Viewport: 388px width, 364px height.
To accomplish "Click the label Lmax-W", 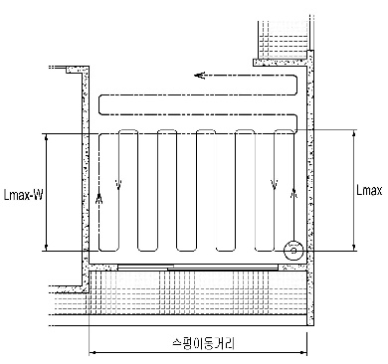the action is (x=23, y=195).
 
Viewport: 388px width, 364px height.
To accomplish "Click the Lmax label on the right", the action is (x=369, y=190).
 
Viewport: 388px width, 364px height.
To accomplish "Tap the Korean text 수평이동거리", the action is (x=204, y=343).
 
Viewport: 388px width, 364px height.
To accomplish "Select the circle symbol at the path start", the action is (x=293, y=251).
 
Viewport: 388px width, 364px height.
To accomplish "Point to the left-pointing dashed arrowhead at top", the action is (x=200, y=76).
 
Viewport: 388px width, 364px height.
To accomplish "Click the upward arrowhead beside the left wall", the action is (x=98, y=198).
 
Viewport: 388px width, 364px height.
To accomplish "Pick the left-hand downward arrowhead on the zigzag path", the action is (x=118, y=184).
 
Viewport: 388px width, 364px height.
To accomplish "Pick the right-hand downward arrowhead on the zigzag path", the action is (x=274, y=184).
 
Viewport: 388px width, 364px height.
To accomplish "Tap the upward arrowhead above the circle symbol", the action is (x=293, y=193).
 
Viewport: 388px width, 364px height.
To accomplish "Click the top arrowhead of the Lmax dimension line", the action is (x=354, y=134).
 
